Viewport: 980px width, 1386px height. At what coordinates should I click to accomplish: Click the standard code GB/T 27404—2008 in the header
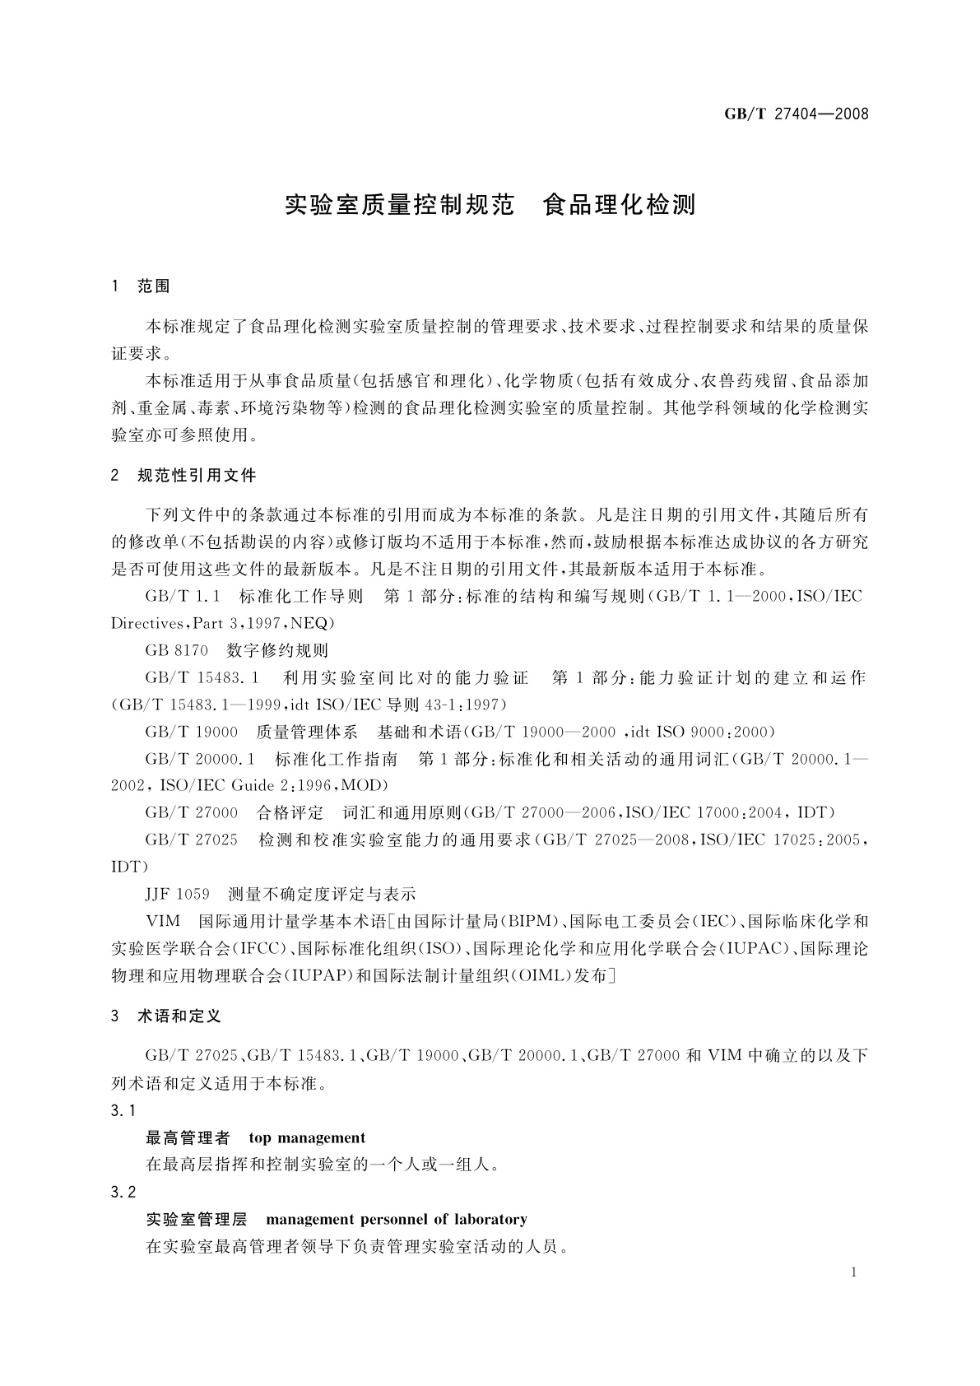coord(796,114)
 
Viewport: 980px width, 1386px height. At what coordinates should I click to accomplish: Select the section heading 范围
coord(154,286)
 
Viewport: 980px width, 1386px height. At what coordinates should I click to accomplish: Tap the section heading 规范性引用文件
coord(197,475)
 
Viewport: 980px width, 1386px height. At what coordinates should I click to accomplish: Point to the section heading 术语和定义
coord(179,1016)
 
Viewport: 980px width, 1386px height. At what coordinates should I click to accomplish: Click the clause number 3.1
coord(123,1111)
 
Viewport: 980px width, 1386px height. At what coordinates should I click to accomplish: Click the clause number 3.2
coord(123,1192)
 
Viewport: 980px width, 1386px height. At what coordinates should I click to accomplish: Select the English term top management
coord(307,1138)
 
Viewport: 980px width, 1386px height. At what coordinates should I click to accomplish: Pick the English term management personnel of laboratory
coord(397,1219)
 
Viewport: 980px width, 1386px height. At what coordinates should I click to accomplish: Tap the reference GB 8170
coord(177,650)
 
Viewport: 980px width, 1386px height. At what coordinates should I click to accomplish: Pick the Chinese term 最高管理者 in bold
coord(188,1138)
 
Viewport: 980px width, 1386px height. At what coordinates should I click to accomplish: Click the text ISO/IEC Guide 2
coord(212,785)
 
